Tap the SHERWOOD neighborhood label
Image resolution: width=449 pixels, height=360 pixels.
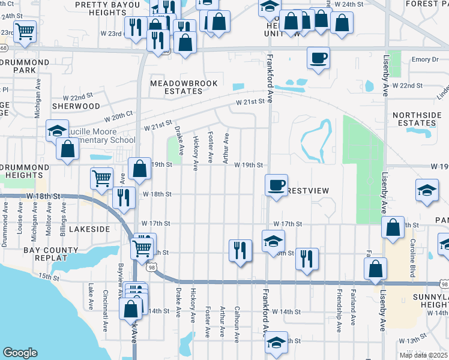coord(76,106)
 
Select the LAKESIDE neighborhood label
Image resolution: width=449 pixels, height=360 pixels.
coord(89,229)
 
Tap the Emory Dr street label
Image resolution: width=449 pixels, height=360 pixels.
coord(426,59)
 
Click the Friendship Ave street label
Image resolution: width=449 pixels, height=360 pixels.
coord(339,314)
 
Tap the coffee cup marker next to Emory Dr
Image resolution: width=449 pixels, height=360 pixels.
coord(318,58)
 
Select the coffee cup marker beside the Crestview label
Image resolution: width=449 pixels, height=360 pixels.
coord(276,184)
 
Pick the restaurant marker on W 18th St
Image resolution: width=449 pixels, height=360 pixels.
coord(124,198)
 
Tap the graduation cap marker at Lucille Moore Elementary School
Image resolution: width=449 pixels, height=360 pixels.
coord(57,130)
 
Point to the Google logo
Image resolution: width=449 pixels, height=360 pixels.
coord(20,353)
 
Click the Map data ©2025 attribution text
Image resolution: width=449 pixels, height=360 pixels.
coord(423,355)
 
